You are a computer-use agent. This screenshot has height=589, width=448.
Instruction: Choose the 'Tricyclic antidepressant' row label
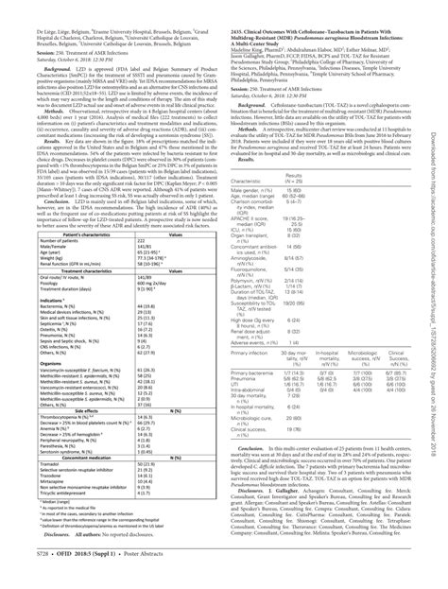[65, 546]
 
